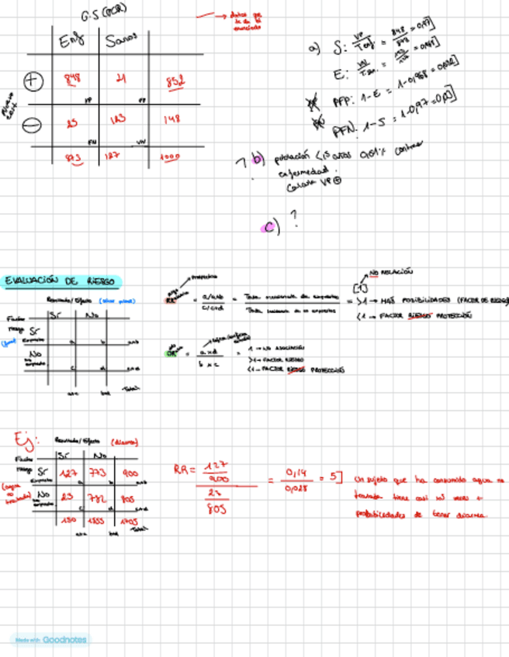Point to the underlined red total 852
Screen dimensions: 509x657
click(x=175, y=82)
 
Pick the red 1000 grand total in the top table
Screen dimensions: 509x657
click(x=170, y=156)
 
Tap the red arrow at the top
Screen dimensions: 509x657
click(x=209, y=14)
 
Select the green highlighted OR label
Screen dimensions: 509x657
click(x=172, y=353)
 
